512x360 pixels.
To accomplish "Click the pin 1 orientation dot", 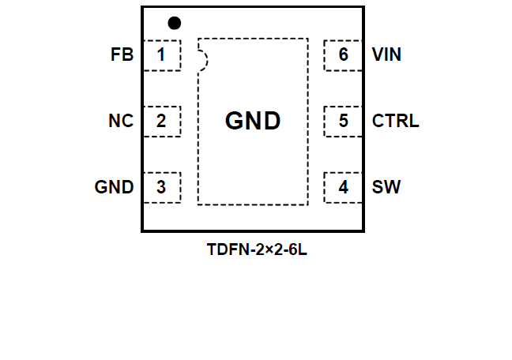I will click(175, 23).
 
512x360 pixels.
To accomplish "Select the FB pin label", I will click(122, 55).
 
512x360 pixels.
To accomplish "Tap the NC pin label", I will click(120, 122).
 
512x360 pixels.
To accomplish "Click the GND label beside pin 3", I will click(114, 188).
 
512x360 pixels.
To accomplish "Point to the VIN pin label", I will click(386, 55).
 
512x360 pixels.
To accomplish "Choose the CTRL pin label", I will click(395, 122).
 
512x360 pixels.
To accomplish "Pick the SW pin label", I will click(386, 188).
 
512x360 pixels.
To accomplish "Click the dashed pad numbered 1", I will click(161, 55).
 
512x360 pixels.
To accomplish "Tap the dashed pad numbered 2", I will click(161, 122).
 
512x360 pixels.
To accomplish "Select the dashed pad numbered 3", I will click(161, 188).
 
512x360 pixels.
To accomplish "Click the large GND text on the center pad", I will click(253, 121).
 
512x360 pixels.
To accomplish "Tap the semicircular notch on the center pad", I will click(202, 59).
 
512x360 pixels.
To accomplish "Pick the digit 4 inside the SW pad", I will click(343, 188).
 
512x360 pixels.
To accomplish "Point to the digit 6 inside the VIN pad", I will click(343, 55).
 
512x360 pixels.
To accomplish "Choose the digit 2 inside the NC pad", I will click(160, 122).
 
